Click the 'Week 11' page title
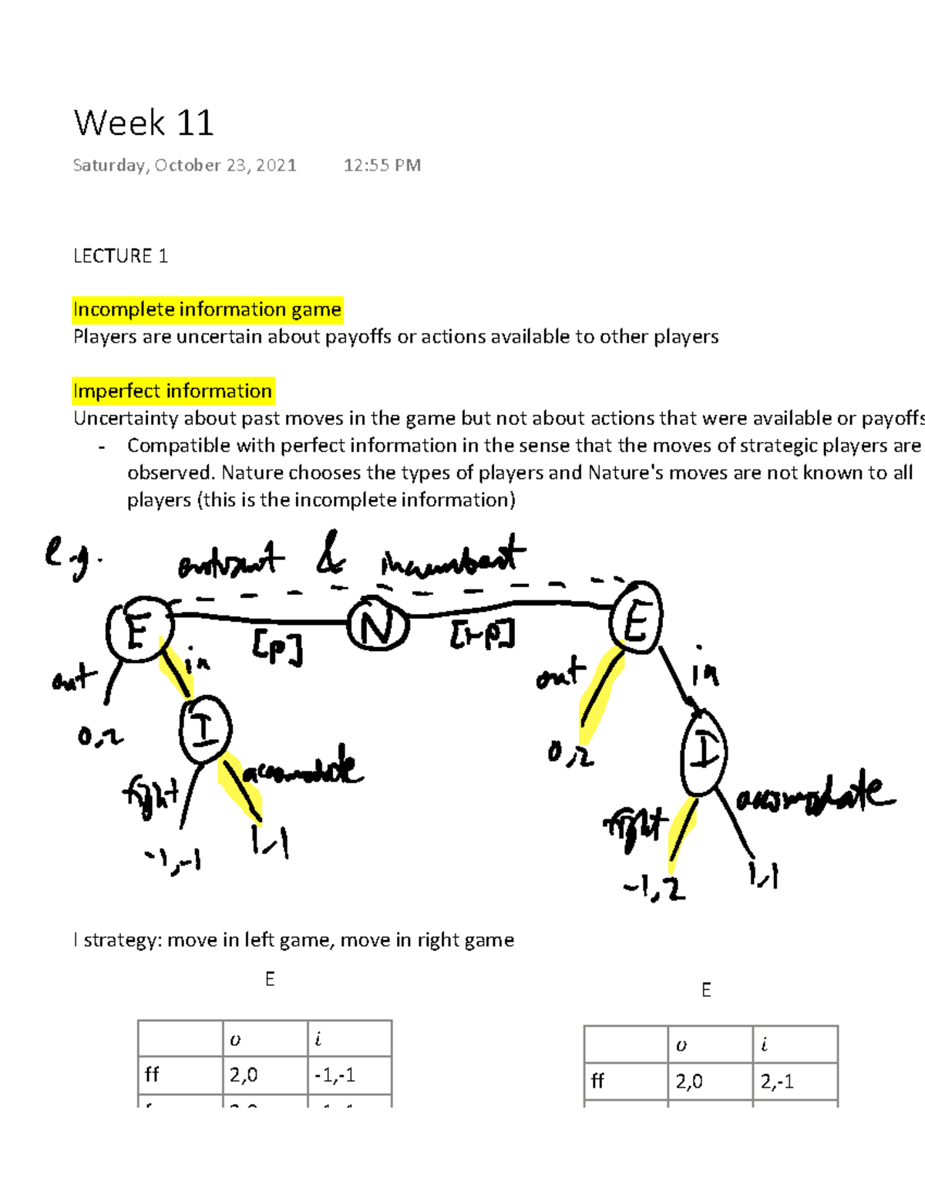coord(143,123)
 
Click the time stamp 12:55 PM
coord(382,165)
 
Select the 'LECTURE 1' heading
coord(120,256)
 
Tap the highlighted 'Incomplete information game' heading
coord(207,309)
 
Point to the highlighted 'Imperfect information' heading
coord(173,391)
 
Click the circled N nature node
coord(378,626)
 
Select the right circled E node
coord(636,619)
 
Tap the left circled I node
coord(205,730)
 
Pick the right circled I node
coord(704,752)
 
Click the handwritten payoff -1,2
coord(654,889)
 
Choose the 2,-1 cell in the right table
coord(777,1082)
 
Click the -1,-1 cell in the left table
coord(335,1075)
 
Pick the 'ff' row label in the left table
coord(152,1075)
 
